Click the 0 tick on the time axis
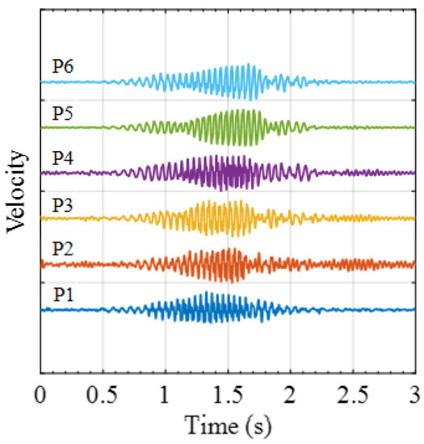40,395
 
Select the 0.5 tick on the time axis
103,395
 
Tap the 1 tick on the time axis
165,395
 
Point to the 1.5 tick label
227,395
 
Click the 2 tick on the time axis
290,395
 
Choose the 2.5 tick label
352,395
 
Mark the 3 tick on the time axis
414,395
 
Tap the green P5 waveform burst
234,128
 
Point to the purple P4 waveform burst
226,172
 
